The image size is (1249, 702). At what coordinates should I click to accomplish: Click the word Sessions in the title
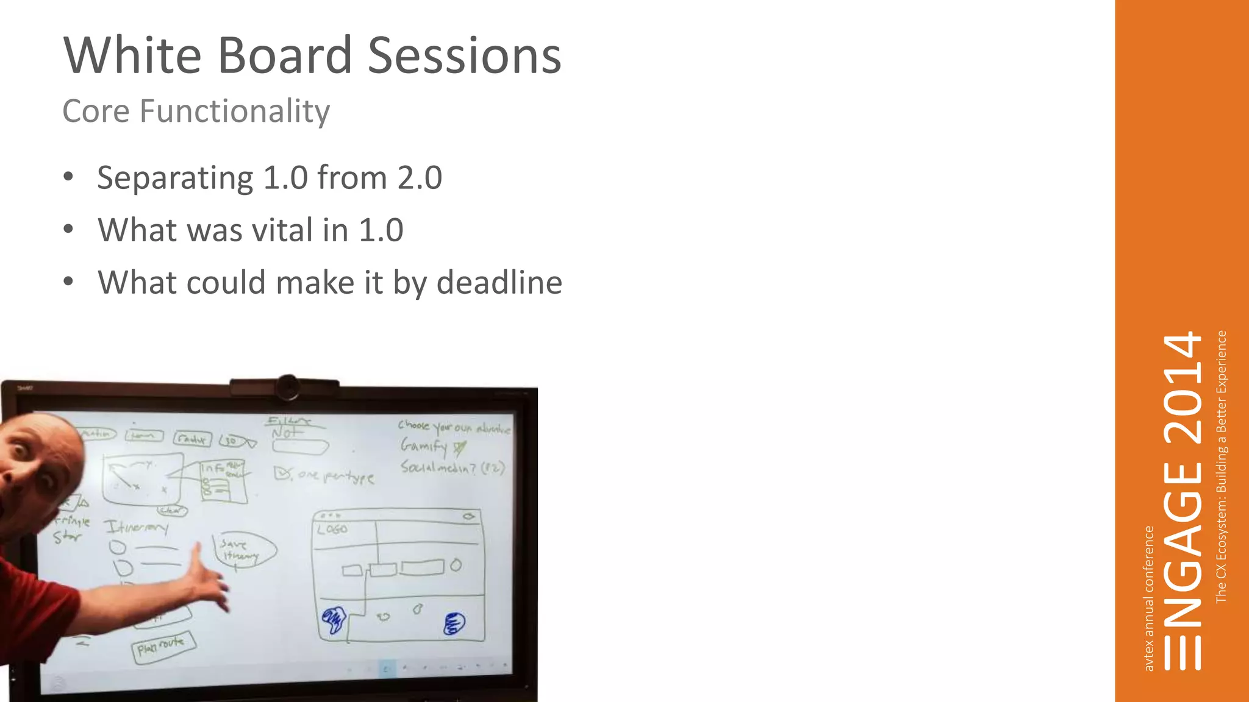464,55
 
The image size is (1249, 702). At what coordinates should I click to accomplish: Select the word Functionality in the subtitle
235,112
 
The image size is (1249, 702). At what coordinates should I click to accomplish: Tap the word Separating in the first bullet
175,178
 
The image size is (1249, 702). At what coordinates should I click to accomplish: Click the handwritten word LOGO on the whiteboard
332,529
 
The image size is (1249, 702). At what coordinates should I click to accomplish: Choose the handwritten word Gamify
423,446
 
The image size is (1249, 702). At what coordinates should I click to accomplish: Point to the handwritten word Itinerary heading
135,526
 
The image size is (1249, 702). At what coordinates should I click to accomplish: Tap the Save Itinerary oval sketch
243,549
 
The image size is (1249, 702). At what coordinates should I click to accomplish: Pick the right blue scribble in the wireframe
454,623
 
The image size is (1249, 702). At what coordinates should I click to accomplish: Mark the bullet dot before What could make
68,282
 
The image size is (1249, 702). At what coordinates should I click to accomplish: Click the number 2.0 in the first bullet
420,178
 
